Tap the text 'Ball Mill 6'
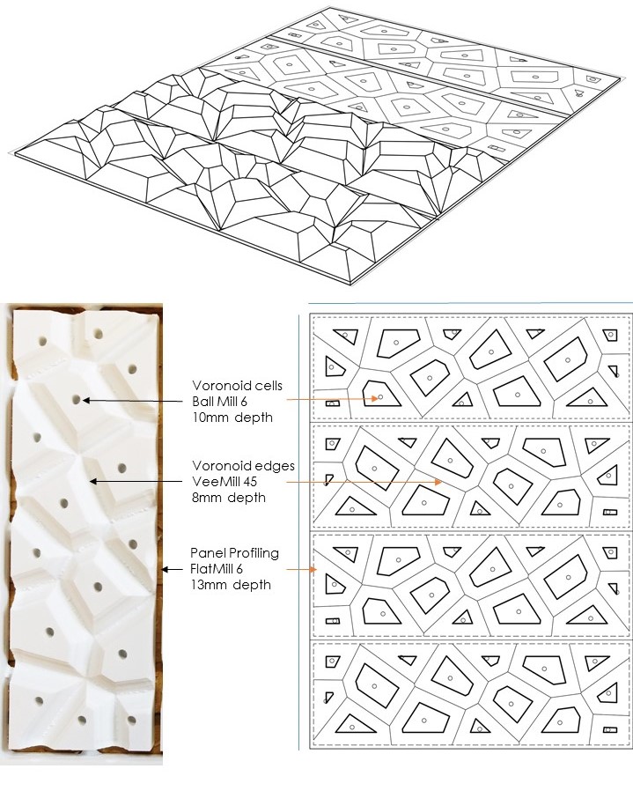(219, 402)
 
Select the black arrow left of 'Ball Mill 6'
(132, 401)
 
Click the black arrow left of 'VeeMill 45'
(136, 482)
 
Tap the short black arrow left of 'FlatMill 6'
(172, 570)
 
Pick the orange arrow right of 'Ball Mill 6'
(332, 398)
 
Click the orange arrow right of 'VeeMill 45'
(364, 483)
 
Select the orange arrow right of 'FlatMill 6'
(302, 570)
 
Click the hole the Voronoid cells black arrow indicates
(77, 400)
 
